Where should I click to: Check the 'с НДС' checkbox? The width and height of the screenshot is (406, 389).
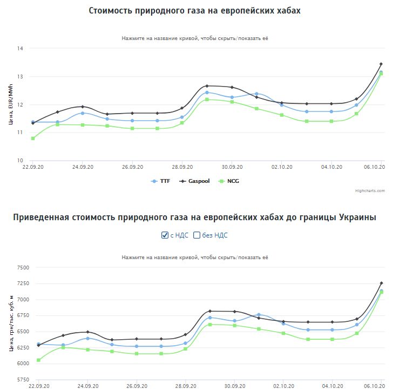pyautogui.click(x=165, y=235)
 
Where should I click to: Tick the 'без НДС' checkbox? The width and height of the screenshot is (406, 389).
pyautogui.click(x=197, y=235)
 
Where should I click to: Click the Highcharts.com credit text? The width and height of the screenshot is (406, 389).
pyautogui.click(x=370, y=190)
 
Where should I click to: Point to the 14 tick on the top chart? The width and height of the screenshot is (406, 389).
pyautogui.click(x=20, y=49)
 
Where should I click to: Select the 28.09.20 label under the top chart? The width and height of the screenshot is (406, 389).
pyautogui.click(x=182, y=167)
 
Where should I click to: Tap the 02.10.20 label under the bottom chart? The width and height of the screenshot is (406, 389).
pyautogui.click(x=283, y=386)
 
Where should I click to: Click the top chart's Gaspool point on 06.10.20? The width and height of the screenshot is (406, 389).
pyautogui.click(x=381, y=64)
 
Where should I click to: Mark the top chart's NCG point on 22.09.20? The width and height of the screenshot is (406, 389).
pyautogui.click(x=33, y=139)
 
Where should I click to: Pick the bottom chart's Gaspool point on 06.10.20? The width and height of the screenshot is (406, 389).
pyautogui.click(x=381, y=283)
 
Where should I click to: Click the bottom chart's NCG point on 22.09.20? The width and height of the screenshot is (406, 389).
pyautogui.click(x=38, y=360)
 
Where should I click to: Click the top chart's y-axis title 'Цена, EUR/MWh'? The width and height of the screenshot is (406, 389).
pyautogui.click(x=11, y=105)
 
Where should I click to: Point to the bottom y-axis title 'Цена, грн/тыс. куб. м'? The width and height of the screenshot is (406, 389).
pyautogui.click(x=11, y=323)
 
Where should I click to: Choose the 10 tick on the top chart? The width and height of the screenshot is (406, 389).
pyautogui.click(x=20, y=161)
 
